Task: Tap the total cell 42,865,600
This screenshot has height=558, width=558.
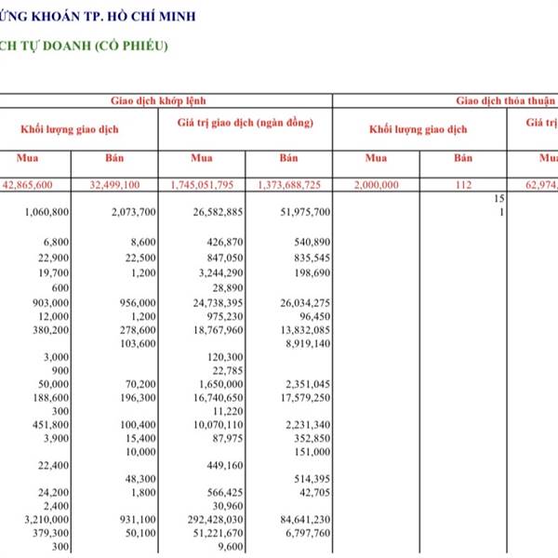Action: [42, 185]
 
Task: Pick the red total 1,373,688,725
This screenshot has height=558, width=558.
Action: [290, 185]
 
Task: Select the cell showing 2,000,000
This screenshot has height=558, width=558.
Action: [377, 185]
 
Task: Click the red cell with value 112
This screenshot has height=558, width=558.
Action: [463, 185]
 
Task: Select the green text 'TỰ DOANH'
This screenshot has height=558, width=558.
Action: [55, 46]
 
